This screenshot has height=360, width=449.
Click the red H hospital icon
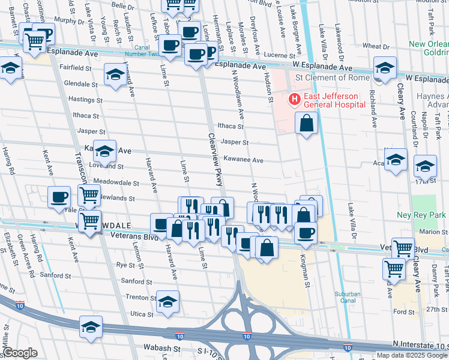click(x=295, y=100)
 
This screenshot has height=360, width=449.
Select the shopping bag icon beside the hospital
click(x=306, y=123)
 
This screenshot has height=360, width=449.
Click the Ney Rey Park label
click(x=421, y=215)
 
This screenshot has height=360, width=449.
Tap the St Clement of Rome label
click(x=328, y=77)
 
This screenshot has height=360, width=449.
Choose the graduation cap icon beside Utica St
click(x=167, y=301)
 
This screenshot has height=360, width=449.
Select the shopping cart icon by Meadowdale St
click(x=89, y=194)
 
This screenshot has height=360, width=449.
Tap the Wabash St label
click(x=161, y=347)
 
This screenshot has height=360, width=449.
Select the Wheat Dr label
click(x=376, y=46)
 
